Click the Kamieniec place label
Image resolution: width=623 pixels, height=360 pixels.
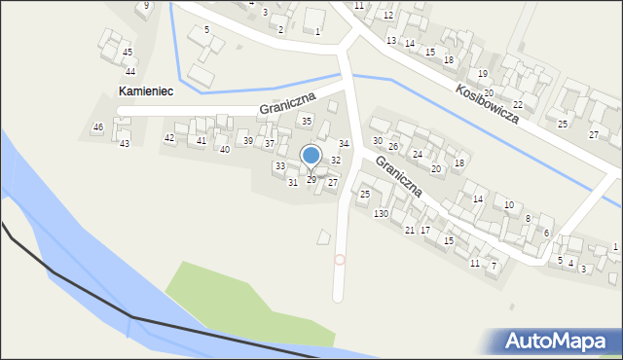pyautogui.click(x=145, y=90)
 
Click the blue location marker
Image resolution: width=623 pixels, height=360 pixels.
pyautogui.click(x=311, y=156)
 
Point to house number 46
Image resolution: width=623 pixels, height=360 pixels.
pyautogui.click(x=97, y=127)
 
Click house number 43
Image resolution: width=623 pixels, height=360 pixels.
pyautogui.click(x=124, y=143)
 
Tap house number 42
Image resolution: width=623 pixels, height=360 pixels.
pyautogui.click(x=169, y=138)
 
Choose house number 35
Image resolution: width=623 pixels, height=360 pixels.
pyautogui.click(x=306, y=121)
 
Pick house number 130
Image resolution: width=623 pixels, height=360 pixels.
pyautogui.click(x=381, y=213)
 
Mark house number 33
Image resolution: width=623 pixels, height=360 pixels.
pyautogui.click(x=279, y=166)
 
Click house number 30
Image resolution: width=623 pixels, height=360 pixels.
pyautogui.click(x=378, y=141)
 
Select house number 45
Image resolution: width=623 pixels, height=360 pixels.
pyautogui.click(x=128, y=52)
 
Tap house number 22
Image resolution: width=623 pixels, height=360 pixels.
pyautogui.click(x=518, y=104)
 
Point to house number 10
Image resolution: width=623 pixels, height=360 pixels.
pyautogui.click(x=509, y=204)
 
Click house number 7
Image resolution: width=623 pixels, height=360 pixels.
pyautogui.click(x=494, y=266)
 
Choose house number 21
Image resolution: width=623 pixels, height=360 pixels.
pyautogui.click(x=410, y=230)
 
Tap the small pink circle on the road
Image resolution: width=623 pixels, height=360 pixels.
pyautogui.click(x=340, y=259)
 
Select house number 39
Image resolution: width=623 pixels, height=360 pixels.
pyautogui.click(x=247, y=141)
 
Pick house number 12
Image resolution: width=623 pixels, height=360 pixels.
pyautogui.click(x=388, y=16)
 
